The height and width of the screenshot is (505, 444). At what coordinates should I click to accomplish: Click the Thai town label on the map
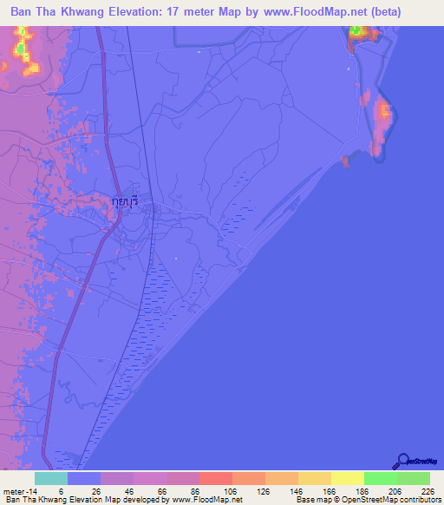126,201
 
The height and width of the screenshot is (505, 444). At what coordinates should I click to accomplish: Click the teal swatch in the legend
51,478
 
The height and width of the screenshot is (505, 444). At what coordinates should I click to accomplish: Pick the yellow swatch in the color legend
347,478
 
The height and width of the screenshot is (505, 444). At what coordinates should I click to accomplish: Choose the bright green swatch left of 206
380,478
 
